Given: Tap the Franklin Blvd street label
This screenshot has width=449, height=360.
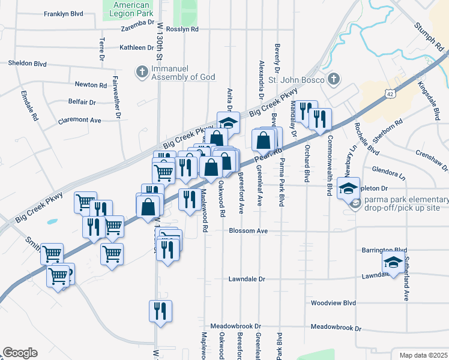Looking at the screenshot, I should (63, 13).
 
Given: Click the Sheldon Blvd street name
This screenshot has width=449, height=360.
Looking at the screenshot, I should (27, 63).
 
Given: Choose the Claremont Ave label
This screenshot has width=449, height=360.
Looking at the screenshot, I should (79, 120).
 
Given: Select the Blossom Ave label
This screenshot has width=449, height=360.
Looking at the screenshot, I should (248, 230).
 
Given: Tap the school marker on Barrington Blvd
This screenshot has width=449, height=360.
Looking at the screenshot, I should (393, 263).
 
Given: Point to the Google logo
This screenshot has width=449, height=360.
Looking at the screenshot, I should (20, 353).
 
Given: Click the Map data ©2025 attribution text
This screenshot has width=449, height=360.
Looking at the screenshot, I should (423, 355).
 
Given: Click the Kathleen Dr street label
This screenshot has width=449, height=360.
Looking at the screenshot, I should (137, 47).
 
